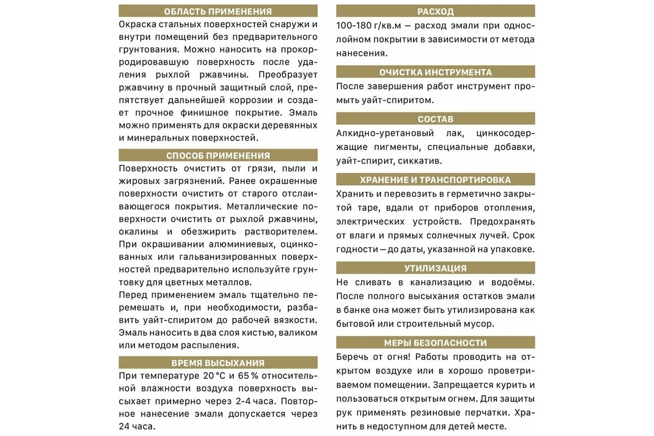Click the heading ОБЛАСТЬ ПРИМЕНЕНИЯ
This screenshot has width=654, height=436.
[218, 11]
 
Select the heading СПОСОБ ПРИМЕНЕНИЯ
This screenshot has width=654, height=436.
[218, 155]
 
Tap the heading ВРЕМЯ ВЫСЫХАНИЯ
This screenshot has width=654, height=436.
[218, 363]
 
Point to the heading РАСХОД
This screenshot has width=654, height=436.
[435, 11]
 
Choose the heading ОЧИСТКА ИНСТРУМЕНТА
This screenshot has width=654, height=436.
[435, 72]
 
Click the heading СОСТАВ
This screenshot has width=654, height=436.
[435, 119]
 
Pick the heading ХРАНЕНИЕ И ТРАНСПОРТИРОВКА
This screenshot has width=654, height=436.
[435, 180]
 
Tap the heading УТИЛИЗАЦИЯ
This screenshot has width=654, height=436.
[435, 268]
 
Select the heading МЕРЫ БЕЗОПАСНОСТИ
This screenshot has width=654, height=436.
[435, 343]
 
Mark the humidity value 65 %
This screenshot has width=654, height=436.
[249, 377]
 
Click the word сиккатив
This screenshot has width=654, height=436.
[420, 161]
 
